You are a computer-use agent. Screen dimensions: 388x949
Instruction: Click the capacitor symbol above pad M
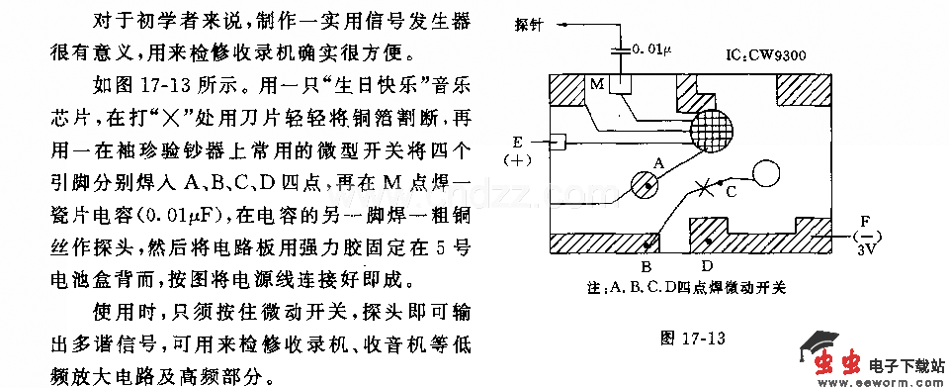pos(621,46)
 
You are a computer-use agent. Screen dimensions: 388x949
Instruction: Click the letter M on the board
pos(596,86)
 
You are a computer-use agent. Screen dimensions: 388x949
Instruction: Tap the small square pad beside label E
pos(558,143)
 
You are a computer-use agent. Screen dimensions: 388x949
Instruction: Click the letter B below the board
pos(644,265)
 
